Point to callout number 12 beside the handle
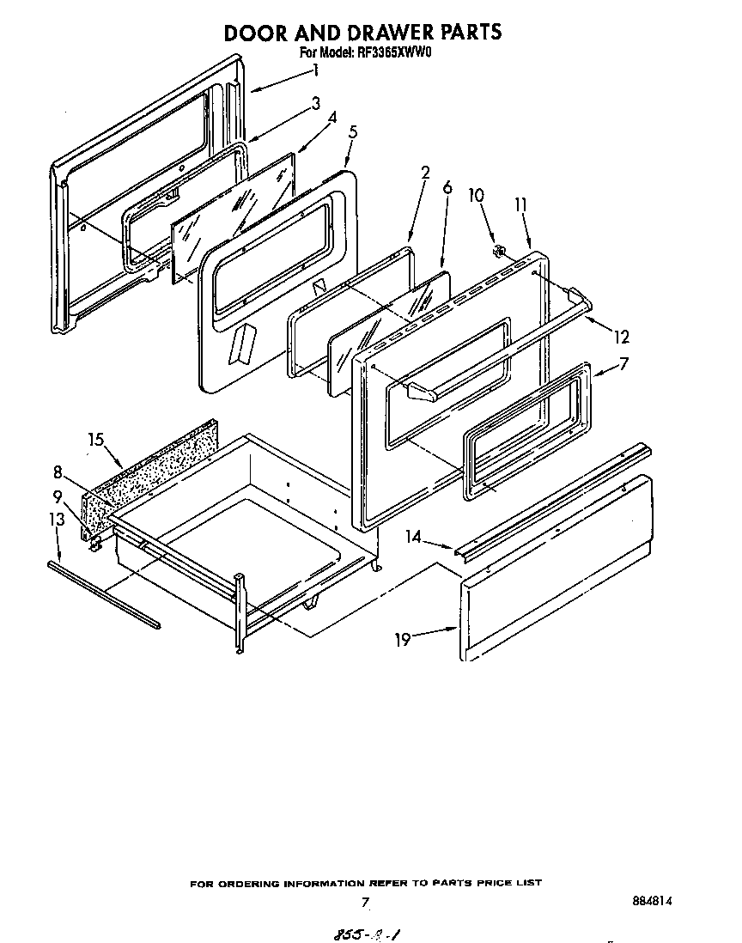tap(620, 338)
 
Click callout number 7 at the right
tap(624, 364)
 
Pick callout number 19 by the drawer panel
tap(404, 638)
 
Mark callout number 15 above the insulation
tap(96, 440)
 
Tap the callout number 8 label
tap(58, 471)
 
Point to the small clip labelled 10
tap(497, 252)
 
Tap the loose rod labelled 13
tap(103, 593)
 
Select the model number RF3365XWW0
tap(394, 53)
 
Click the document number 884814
tap(650, 902)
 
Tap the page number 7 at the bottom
tap(365, 903)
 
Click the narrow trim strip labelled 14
tap(550, 498)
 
